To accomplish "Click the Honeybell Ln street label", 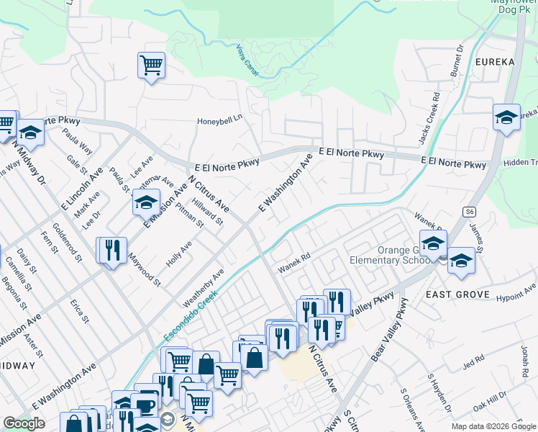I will [220, 122].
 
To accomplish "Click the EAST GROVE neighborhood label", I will [457, 295].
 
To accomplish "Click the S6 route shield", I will [470, 212].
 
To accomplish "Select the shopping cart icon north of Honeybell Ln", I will [151, 66].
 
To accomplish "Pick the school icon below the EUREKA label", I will [506, 117].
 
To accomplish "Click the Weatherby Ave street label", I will [204, 286].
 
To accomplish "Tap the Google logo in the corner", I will [24, 424].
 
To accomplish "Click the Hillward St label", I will [207, 212].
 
